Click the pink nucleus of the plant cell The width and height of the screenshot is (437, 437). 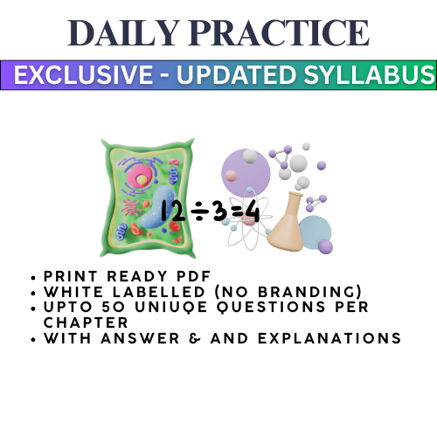(139, 178)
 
